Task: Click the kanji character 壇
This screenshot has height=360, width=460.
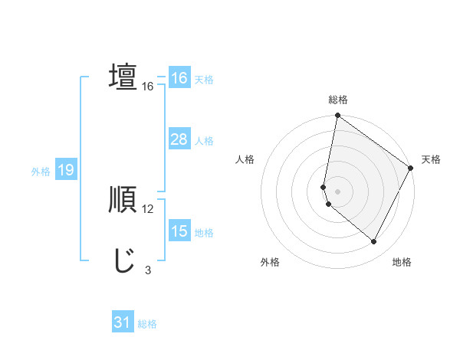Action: pyautogui.click(x=123, y=78)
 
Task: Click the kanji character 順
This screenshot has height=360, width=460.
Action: pyautogui.click(x=123, y=201)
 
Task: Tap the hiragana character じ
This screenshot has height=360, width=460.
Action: pyautogui.click(x=123, y=260)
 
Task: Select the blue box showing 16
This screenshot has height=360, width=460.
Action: pyautogui.click(x=179, y=78)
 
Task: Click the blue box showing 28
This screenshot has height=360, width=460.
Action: pyautogui.click(x=179, y=139)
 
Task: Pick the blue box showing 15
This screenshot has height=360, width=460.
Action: pyautogui.click(x=179, y=231)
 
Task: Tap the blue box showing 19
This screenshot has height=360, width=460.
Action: pyautogui.click(x=65, y=170)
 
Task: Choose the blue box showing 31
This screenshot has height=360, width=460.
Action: pyautogui.click(x=123, y=322)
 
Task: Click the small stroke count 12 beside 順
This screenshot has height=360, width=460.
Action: pyautogui.click(x=148, y=208)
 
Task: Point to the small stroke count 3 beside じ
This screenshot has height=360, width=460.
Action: pyautogui.click(x=148, y=270)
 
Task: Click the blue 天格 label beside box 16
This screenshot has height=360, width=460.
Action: pyautogui.click(x=203, y=80)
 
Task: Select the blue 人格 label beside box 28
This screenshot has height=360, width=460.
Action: pyautogui.click(x=203, y=141)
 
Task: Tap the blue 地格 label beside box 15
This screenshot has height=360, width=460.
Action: pyautogui.click(x=203, y=233)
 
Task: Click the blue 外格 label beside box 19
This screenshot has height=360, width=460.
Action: pyautogui.click(x=41, y=172)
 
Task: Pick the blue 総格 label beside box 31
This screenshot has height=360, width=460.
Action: pyautogui.click(x=147, y=324)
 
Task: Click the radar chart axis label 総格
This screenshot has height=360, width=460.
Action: pyautogui.click(x=338, y=100)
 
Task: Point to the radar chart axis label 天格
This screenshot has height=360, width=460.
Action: pyautogui.click(x=432, y=159)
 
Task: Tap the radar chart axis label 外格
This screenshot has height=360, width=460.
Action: pyautogui.click(x=270, y=262)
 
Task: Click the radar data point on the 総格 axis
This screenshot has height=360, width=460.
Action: pyautogui.click(x=337, y=116)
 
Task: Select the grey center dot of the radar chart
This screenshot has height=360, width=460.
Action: pyautogui.click(x=337, y=191)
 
